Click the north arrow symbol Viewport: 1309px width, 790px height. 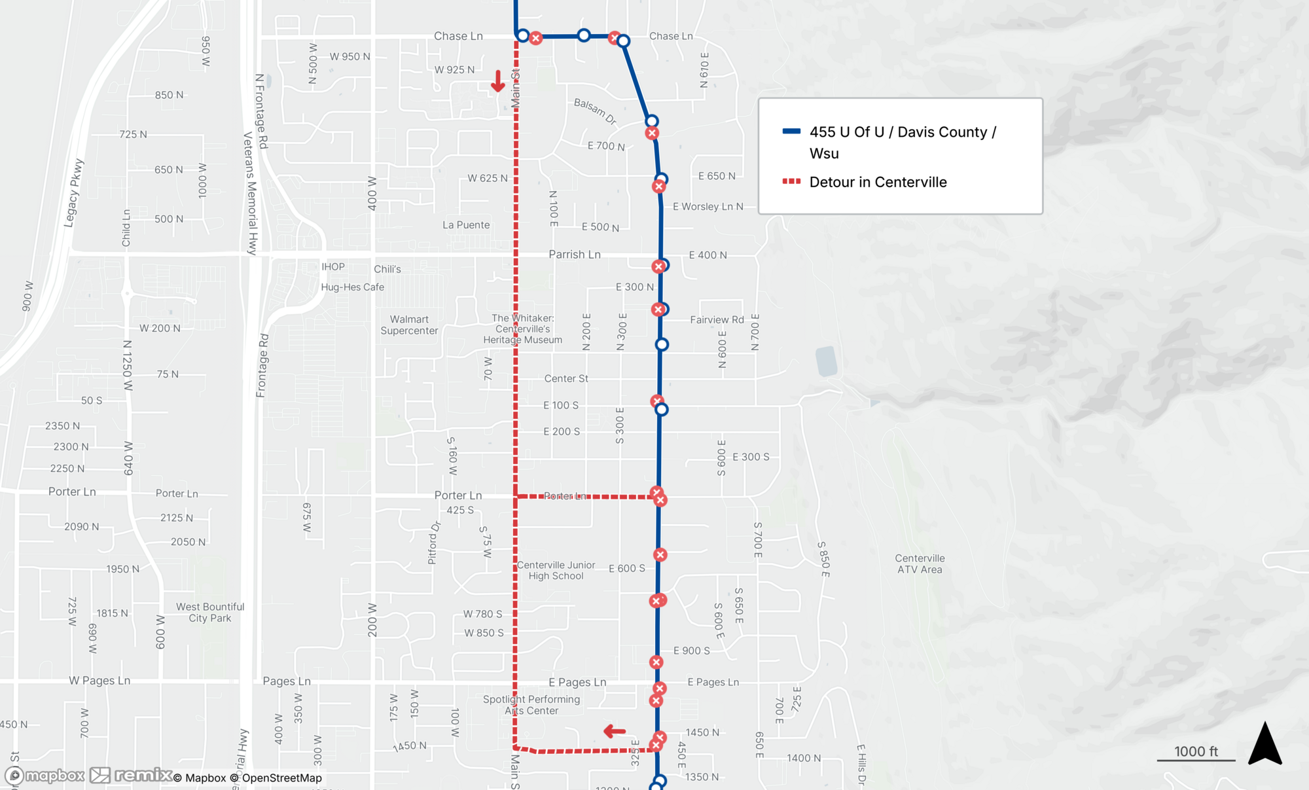pyautogui.click(x=1264, y=744)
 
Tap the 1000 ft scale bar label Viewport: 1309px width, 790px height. pyautogui.click(x=1196, y=751)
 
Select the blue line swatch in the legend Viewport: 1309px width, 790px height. pyautogui.click(x=791, y=132)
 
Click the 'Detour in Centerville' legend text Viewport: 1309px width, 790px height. pyautogui.click(x=878, y=182)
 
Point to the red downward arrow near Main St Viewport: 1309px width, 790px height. pyautogui.click(x=498, y=81)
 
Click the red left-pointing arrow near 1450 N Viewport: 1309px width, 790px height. pyautogui.click(x=615, y=731)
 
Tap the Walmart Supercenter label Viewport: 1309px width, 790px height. pyautogui.click(x=409, y=325)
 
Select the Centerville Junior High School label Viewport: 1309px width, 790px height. pyautogui.click(x=556, y=570)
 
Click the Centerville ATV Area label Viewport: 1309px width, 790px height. pyautogui.click(x=920, y=564)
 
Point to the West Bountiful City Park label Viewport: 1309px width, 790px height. pyautogui.click(x=210, y=612)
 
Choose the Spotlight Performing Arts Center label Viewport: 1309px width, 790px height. pyautogui.click(x=531, y=705)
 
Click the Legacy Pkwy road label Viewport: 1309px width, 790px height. pyautogui.click(x=73, y=193)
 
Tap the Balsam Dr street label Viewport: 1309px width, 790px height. pyautogui.click(x=595, y=111)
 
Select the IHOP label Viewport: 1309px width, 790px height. pyautogui.click(x=332, y=266)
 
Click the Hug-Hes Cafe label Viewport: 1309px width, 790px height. pyautogui.click(x=352, y=287)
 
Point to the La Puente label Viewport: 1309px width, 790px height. pyautogui.click(x=466, y=224)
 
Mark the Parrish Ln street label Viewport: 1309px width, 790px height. pyautogui.click(x=574, y=255)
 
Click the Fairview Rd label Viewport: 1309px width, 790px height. pyautogui.click(x=717, y=319)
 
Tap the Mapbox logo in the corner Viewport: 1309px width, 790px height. pyautogui.click(x=45, y=776)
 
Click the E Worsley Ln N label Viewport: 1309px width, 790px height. pyautogui.click(x=708, y=206)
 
